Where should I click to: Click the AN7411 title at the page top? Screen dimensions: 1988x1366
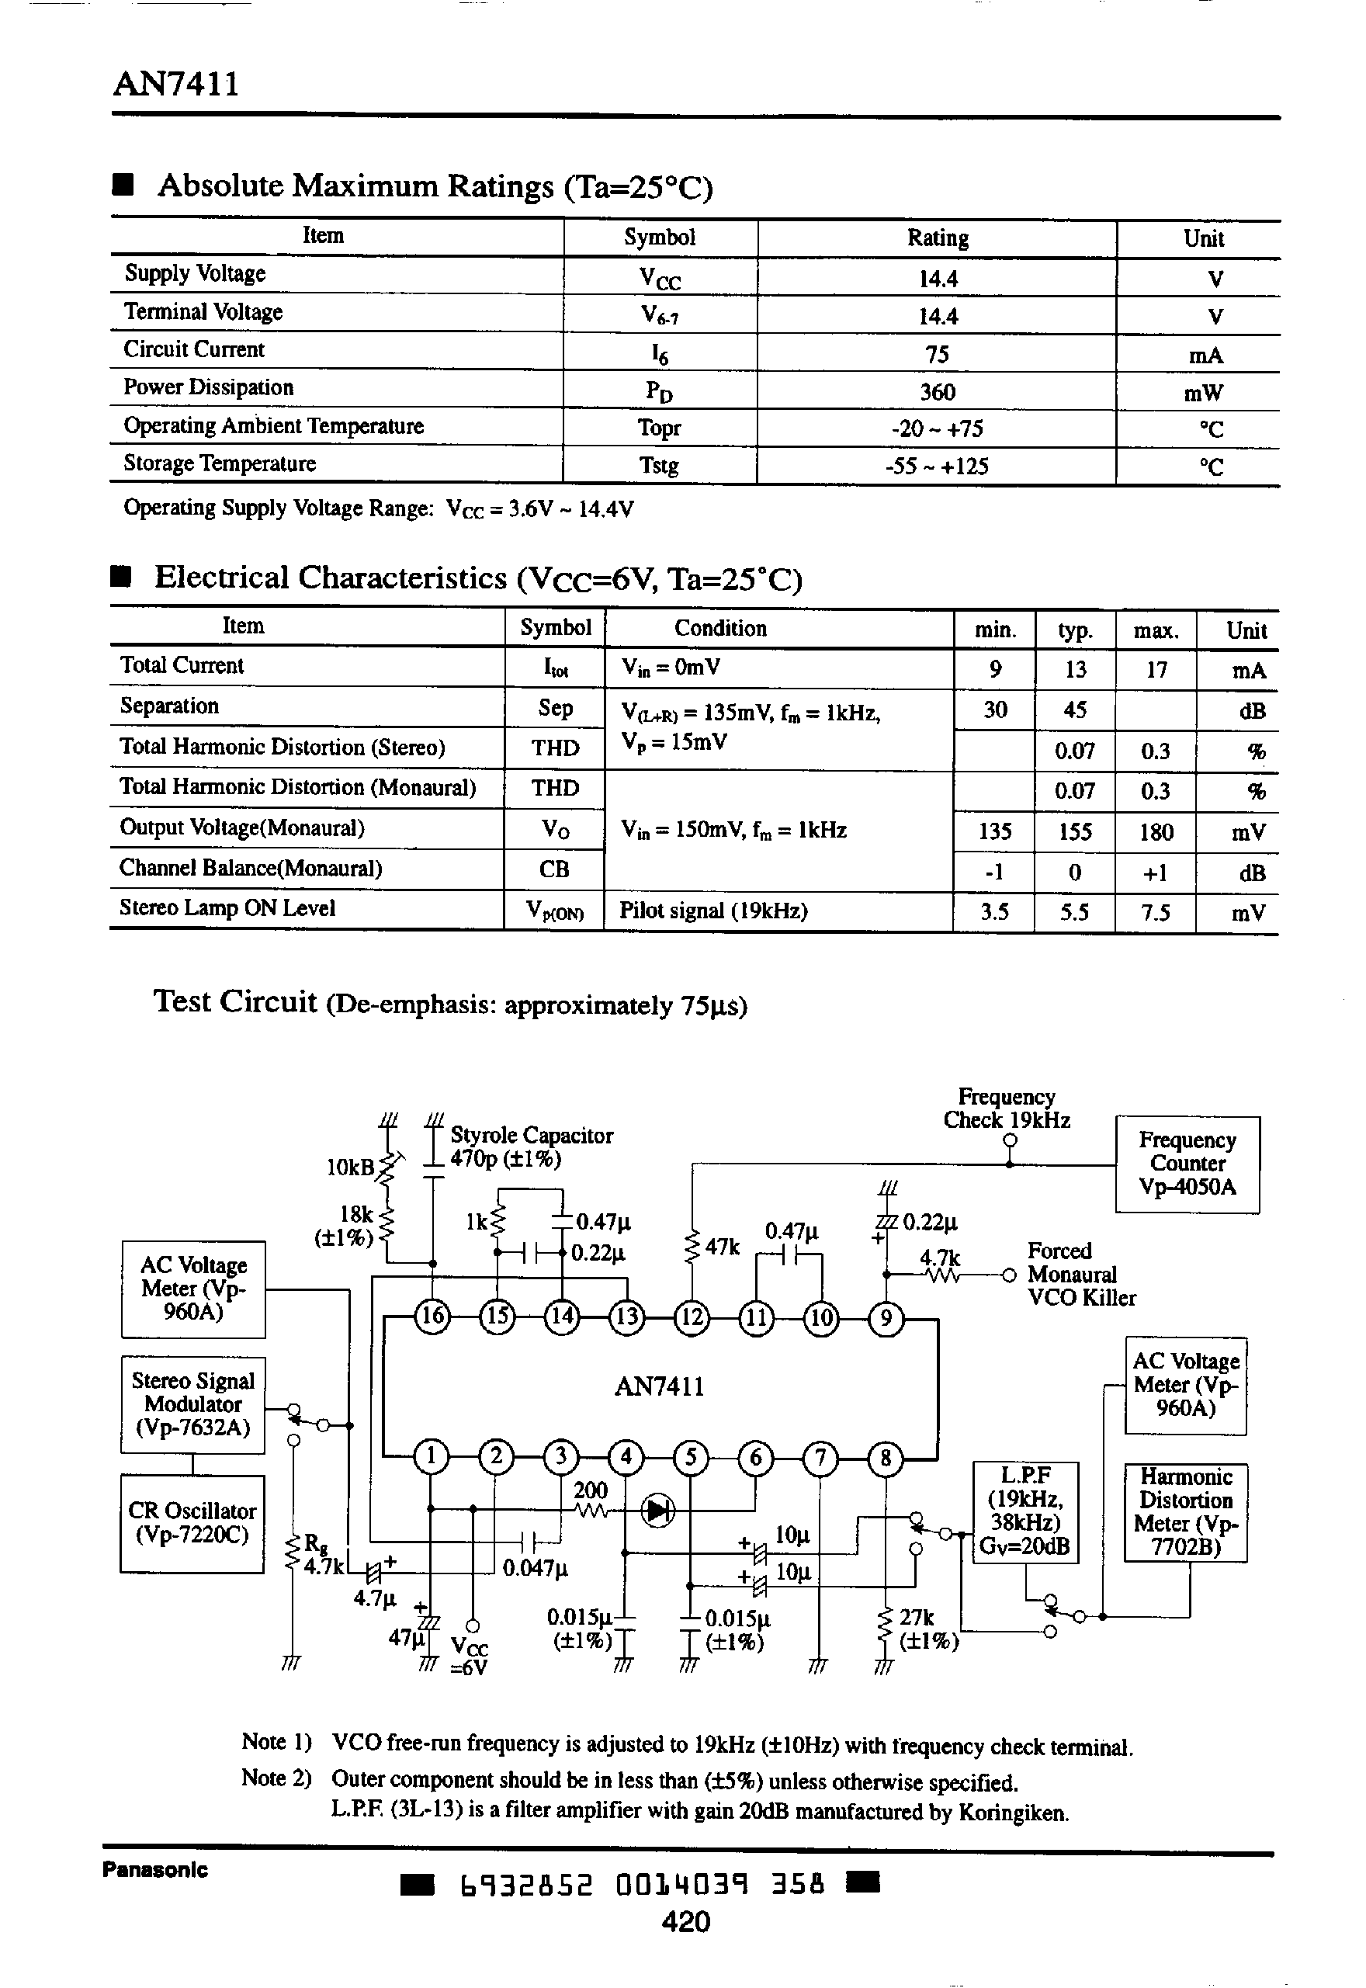point(176,84)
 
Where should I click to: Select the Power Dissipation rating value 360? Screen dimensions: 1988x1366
point(938,392)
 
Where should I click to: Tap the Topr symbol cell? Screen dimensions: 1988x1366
point(659,428)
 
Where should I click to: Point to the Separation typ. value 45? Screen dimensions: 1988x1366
point(1075,710)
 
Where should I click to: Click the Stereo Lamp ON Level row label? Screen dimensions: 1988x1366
point(227,908)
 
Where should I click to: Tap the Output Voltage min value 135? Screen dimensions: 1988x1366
point(994,831)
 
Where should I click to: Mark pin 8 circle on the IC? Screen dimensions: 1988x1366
point(885,1456)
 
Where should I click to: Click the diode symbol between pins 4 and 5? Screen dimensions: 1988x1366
point(657,1511)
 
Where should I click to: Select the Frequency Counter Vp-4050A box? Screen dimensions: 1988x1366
point(1187,1164)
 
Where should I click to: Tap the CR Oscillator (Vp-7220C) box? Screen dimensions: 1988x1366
point(192,1523)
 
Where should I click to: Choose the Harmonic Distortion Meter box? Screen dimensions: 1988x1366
point(1185,1512)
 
